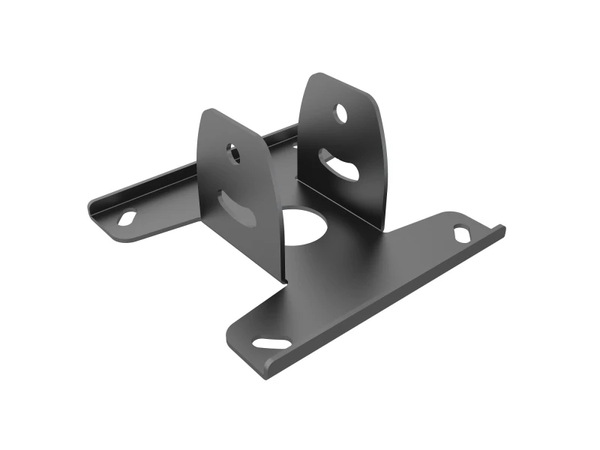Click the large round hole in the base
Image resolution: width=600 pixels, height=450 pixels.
tap(305, 226)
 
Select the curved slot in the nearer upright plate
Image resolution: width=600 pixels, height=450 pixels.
tap(237, 208)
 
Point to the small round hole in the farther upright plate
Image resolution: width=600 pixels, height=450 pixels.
tap(341, 114)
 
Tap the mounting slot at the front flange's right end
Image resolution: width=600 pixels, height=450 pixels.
tap(462, 233)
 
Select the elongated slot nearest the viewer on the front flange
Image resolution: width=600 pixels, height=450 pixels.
tap(272, 343)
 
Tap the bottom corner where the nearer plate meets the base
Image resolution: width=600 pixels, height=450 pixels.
tap(284, 280)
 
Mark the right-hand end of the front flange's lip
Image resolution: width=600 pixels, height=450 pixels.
tap(502, 229)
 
